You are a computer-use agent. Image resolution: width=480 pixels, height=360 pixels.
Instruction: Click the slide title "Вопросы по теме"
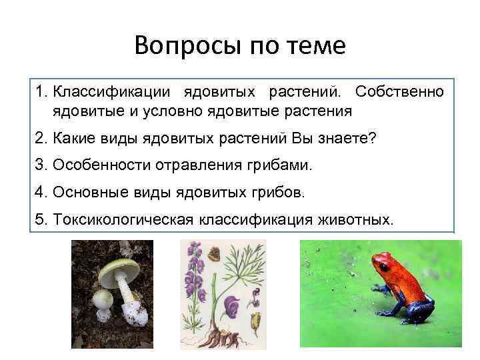240,46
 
